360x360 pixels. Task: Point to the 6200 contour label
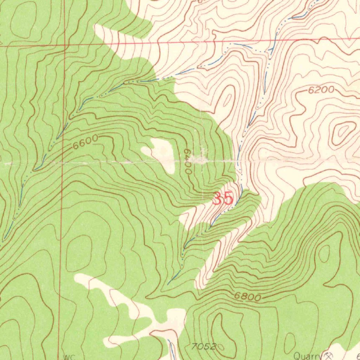(321, 90)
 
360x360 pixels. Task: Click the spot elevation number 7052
(204, 347)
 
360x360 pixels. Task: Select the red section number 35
(223, 199)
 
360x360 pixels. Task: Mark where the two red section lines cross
(65, 45)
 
